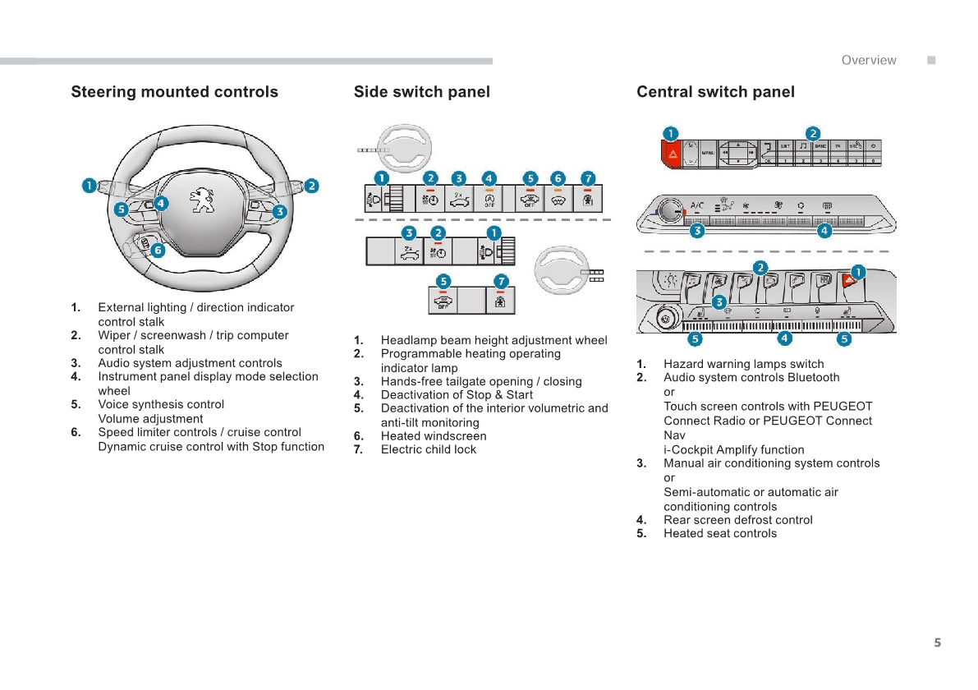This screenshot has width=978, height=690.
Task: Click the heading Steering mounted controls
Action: tap(174, 92)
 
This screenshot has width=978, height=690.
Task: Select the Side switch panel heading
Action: tap(421, 92)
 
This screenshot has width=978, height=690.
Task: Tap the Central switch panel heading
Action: tap(715, 92)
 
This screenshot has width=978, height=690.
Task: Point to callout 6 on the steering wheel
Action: tap(157, 251)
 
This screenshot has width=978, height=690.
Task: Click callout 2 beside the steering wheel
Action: tap(311, 186)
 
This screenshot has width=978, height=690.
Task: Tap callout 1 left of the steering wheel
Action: tap(89, 186)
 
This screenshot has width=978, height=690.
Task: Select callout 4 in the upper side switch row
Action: tap(489, 178)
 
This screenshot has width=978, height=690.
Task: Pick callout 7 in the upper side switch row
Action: tap(587, 178)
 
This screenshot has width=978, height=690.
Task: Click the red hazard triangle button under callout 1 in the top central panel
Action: tap(673, 154)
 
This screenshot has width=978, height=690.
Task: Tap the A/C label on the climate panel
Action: tap(697, 205)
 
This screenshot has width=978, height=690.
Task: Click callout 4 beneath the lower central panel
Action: tap(785, 338)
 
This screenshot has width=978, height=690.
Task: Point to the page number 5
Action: tap(937, 642)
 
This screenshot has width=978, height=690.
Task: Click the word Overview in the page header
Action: tap(869, 60)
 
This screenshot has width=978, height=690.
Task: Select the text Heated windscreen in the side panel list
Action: tap(434, 436)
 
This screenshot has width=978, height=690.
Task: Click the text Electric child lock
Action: tap(428, 449)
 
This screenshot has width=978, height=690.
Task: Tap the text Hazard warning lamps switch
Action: tap(743, 364)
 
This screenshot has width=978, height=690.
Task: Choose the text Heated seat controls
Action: tap(719, 533)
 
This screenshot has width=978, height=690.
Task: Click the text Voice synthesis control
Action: tap(161, 404)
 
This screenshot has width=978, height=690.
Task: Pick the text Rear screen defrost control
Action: tap(737, 520)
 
